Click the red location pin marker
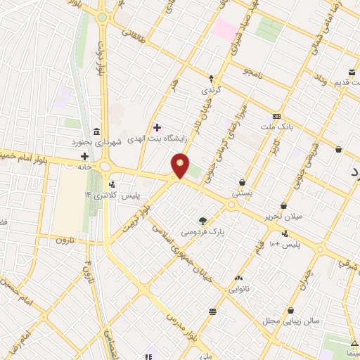tap(181, 167)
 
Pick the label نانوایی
tap(239, 288)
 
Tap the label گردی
tap(211, 91)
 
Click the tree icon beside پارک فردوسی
tap(203, 220)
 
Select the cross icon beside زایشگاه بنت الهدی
tap(157, 127)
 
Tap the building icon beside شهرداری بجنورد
tap(96, 131)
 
